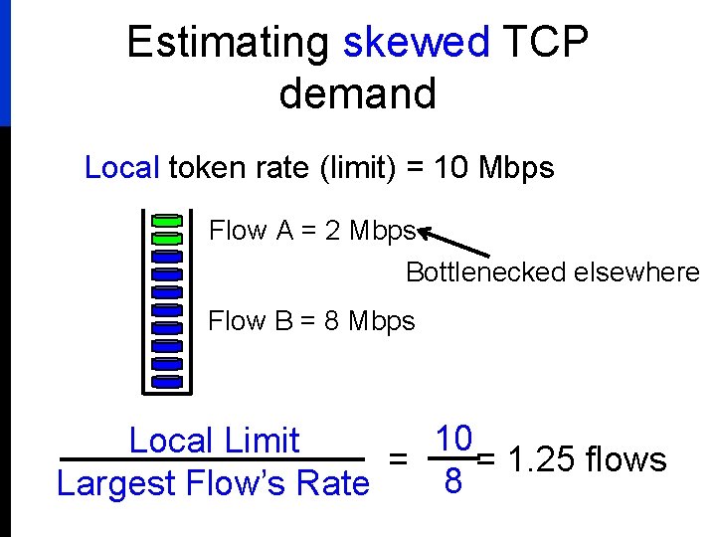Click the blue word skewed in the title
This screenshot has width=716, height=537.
click(x=417, y=43)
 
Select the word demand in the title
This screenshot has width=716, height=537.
click(x=358, y=93)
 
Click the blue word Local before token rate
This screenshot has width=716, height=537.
click(x=121, y=168)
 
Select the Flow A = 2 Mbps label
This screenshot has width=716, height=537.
click(x=311, y=232)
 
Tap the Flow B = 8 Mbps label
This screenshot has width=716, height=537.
click(x=311, y=321)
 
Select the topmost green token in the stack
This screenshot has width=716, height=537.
click(x=167, y=220)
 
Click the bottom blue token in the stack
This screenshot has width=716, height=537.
click(x=167, y=381)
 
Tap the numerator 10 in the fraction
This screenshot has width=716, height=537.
click(x=453, y=439)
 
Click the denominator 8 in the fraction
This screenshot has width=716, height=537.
click(x=453, y=482)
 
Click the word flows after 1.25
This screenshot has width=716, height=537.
click(x=626, y=460)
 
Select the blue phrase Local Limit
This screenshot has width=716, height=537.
click(x=214, y=441)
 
